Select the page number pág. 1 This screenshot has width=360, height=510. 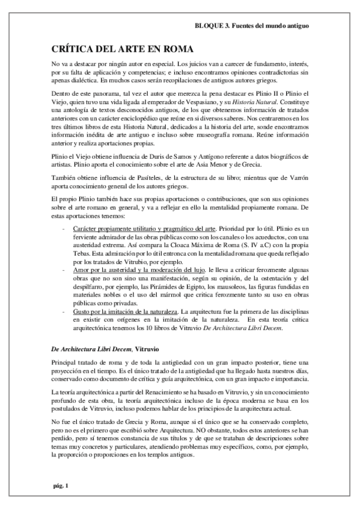61,485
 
